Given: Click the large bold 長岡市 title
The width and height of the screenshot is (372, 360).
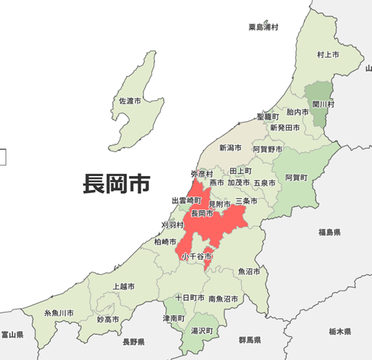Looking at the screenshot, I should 117,183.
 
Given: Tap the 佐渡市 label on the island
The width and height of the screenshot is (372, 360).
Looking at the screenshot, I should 130,101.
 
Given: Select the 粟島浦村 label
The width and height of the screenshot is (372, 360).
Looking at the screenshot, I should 263,27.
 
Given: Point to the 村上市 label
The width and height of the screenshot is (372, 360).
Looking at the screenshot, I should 327,54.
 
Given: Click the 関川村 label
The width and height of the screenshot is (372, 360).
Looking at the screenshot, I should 323,103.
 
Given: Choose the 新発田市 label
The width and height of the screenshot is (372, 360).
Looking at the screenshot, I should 285,127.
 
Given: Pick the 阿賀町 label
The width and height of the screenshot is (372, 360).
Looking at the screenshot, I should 296,177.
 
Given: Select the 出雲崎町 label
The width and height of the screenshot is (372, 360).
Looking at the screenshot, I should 187,200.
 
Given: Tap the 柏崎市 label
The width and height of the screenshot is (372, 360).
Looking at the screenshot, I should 165,242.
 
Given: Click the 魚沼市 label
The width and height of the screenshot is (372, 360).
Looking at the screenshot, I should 249,271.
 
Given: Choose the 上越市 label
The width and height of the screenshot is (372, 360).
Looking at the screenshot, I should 124,286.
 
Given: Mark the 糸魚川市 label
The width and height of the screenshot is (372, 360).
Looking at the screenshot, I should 59,314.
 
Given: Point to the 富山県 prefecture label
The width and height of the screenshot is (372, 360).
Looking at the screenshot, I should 12,334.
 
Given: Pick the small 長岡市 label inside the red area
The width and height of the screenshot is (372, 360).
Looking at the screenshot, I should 202,213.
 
